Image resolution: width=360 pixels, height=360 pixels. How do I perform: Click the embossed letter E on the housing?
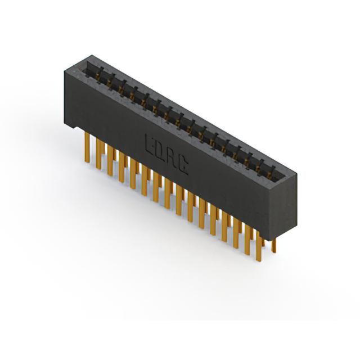[149, 145]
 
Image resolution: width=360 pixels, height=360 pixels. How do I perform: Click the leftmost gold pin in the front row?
[87, 147]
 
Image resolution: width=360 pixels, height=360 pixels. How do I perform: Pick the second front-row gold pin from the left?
[99, 154]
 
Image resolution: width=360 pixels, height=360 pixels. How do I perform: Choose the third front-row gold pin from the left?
[110, 160]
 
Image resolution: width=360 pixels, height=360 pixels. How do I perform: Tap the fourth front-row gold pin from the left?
[121, 167]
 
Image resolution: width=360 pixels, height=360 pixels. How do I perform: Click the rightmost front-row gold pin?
[259, 246]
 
